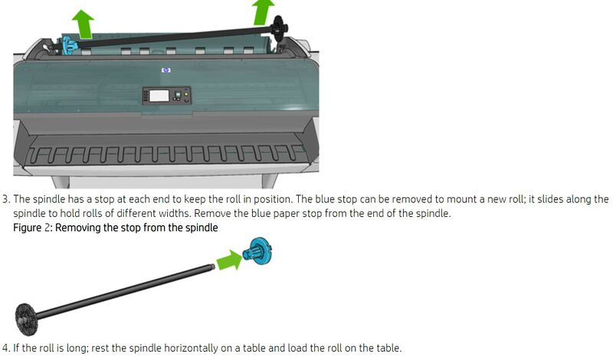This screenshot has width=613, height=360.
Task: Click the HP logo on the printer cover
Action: coord(166,70)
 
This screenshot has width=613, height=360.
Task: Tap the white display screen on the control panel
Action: coord(159,96)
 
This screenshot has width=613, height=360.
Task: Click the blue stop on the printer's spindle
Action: coord(70,45)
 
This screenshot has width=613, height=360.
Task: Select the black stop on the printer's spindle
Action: coord(278,32)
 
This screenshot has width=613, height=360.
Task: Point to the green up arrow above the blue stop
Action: coord(84,25)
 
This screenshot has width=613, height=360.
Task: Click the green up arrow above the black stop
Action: coord(263,12)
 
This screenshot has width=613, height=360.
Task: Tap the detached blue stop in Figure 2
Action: coord(257,250)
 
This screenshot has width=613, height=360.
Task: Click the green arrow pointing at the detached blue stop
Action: coord(229,260)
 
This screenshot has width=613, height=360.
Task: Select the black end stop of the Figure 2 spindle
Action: coord(26,319)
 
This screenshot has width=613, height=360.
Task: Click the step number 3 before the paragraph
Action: coord(5,199)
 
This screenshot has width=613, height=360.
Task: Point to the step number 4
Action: coord(5,348)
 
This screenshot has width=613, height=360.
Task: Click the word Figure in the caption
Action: coord(27,227)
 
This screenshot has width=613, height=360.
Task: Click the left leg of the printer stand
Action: coord(61,182)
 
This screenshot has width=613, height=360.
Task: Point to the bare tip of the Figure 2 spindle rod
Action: coord(213,267)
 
